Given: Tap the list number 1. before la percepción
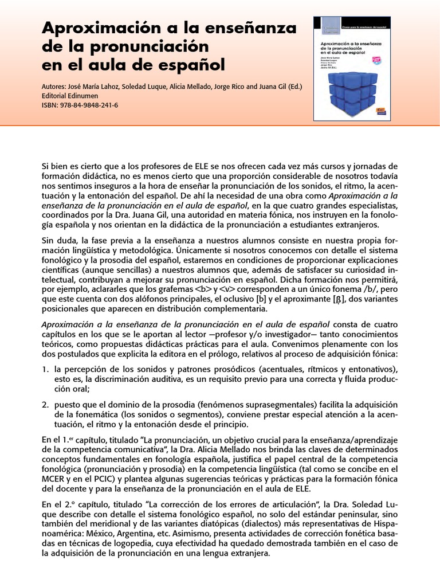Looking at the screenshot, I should pyautogui.click(x=46, y=367).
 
